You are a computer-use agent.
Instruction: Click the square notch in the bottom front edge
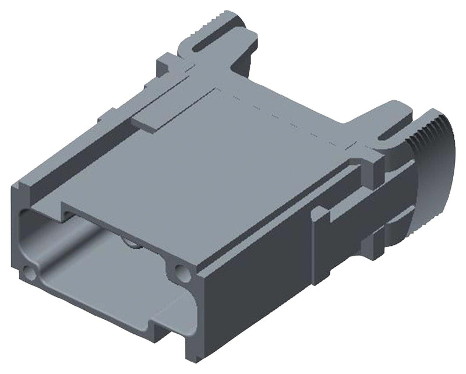157,323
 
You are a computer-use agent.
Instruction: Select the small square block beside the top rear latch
166,61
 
